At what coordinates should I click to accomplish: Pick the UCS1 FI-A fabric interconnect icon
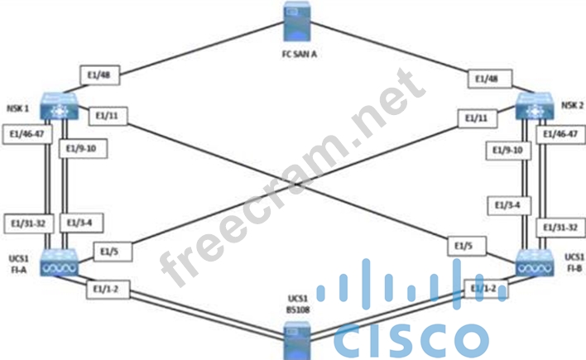pos(60,261)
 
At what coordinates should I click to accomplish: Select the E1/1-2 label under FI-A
pos(106,289)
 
